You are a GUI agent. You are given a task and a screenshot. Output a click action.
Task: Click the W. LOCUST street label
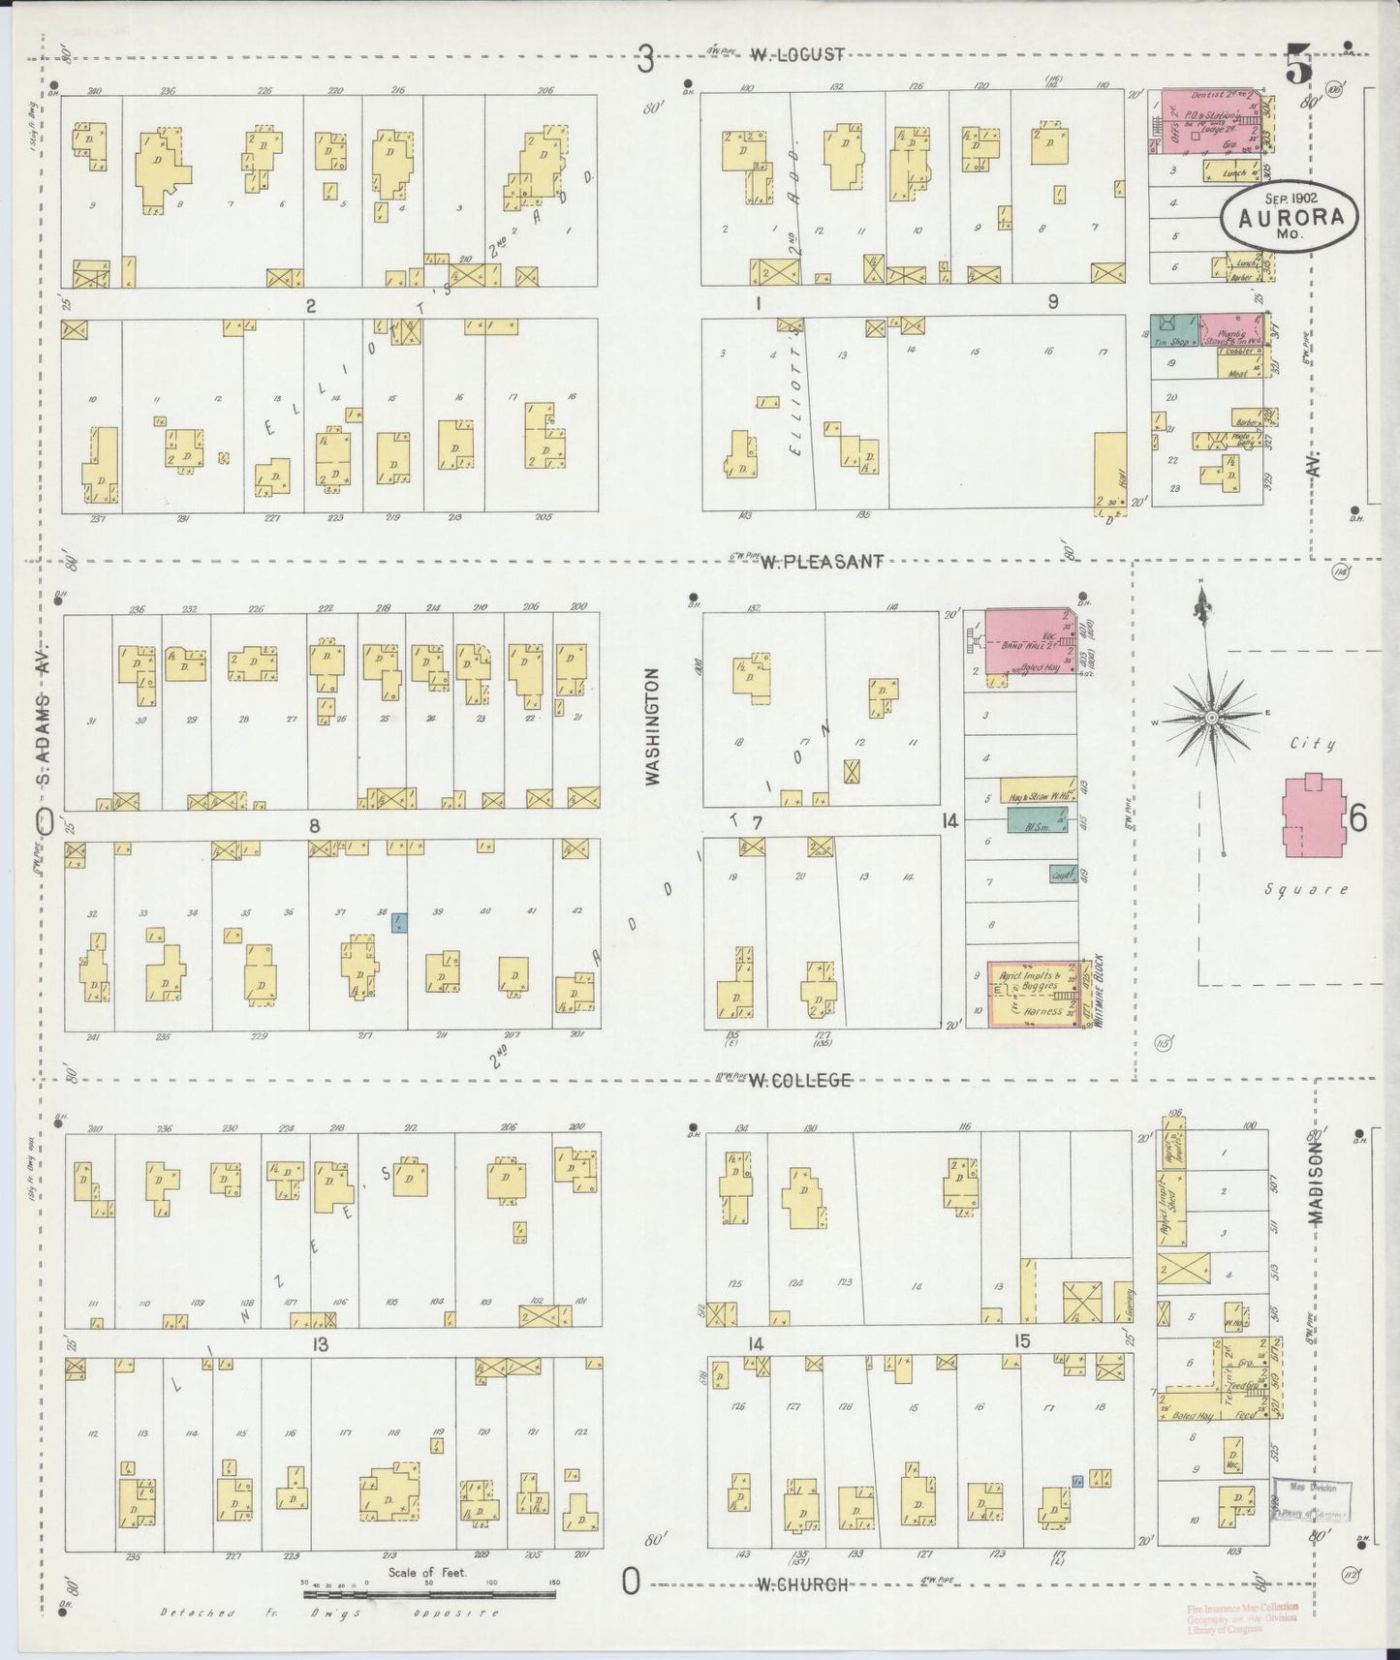coord(797,55)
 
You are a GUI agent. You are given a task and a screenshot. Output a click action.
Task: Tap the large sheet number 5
coord(1297,66)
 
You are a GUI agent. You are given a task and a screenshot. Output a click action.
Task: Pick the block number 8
coord(314,825)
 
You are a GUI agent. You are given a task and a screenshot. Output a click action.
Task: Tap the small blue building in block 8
coord(398,924)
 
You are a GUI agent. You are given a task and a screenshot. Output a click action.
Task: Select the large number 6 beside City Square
coord(1357,819)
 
